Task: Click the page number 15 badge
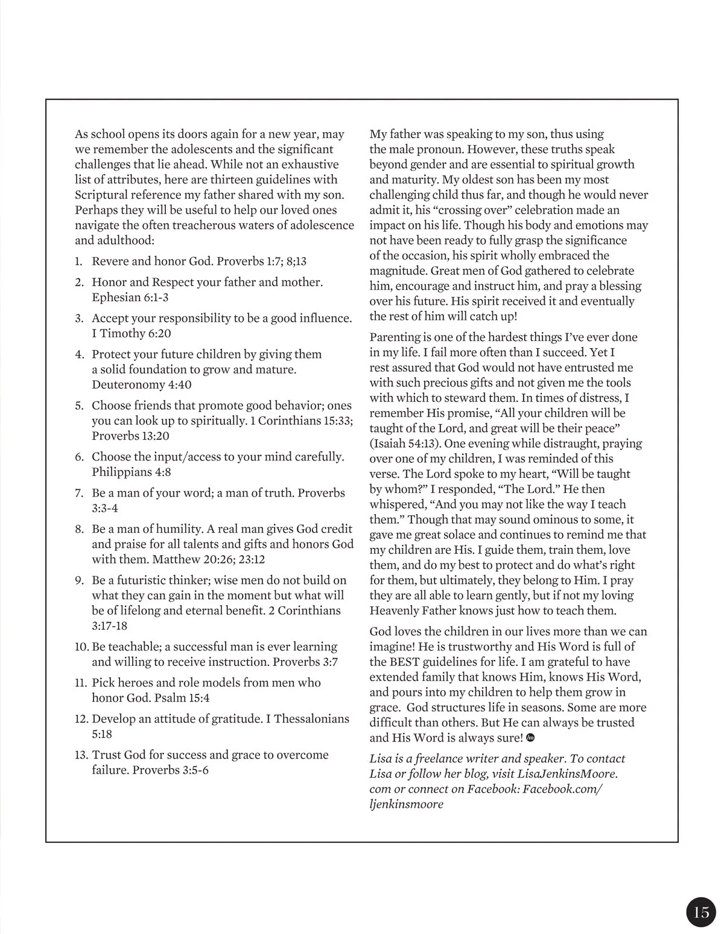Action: point(701,912)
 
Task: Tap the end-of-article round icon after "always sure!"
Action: point(531,737)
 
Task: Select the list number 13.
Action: point(81,755)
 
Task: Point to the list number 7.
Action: point(79,493)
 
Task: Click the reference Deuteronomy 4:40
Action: point(142,384)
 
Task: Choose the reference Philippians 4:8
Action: point(131,472)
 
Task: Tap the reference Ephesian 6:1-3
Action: point(130,297)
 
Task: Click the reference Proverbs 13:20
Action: point(131,436)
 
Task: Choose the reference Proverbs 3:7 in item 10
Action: point(305,661)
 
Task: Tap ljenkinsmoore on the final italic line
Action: point(406,804)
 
